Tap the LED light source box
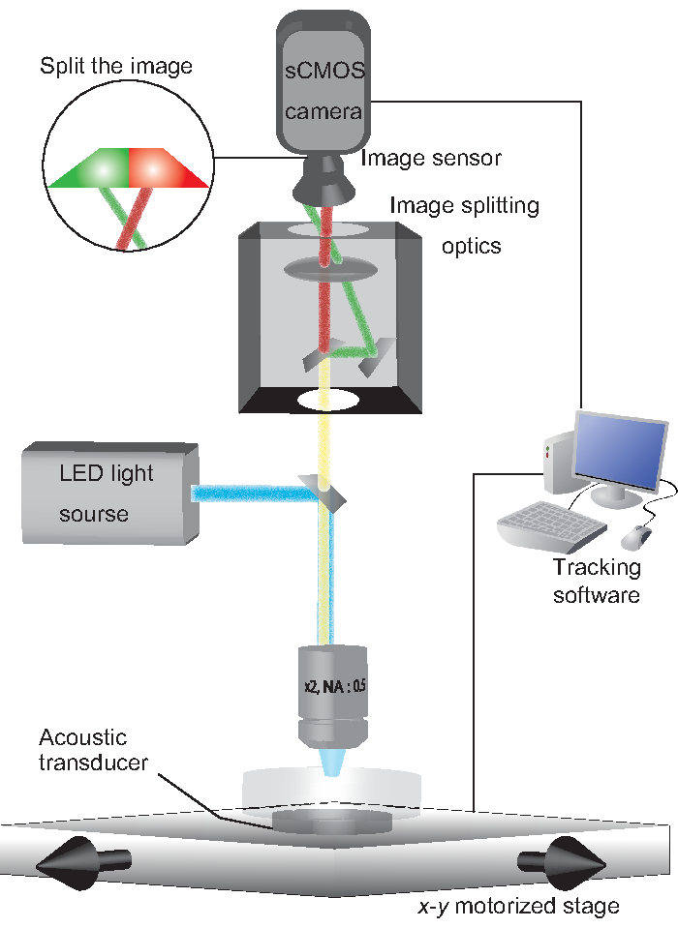(110, 493)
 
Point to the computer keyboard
(551, 524)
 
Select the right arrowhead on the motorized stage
(563, 863)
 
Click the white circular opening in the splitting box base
(328, 400)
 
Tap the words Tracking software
(597, 581)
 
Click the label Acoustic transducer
(93, 749)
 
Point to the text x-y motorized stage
(519, 906)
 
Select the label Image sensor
(431, 158)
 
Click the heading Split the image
(116, 65)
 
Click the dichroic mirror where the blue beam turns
(323, 493)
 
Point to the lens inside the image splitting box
(330, 269)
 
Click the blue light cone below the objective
(332, 763)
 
